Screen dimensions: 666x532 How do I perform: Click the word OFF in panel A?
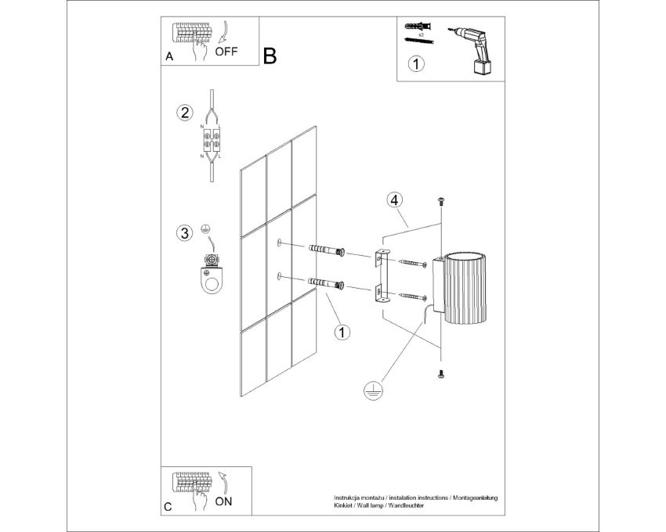point(226,52)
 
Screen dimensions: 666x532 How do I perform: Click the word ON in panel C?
point(223,501)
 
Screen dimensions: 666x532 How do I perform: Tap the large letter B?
point(270,56)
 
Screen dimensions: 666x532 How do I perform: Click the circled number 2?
point(185,113)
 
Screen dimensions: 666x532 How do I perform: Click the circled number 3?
point(185,233)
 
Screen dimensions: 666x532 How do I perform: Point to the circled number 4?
point(395,199)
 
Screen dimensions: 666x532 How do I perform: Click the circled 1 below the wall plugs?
point(342,332)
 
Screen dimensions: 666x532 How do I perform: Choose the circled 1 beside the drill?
point(416,63)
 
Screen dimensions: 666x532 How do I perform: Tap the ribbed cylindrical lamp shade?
point(465,287)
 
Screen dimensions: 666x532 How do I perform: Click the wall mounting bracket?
point(382,275)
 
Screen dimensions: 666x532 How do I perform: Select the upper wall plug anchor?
point(327,250)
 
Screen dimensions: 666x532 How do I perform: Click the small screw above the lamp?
point(440,200)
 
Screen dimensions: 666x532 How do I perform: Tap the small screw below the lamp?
point(440,374)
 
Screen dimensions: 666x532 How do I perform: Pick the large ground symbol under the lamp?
point(373,390)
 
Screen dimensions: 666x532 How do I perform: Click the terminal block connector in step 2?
point(212,140)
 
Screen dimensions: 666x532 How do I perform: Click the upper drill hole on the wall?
point(279,243)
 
